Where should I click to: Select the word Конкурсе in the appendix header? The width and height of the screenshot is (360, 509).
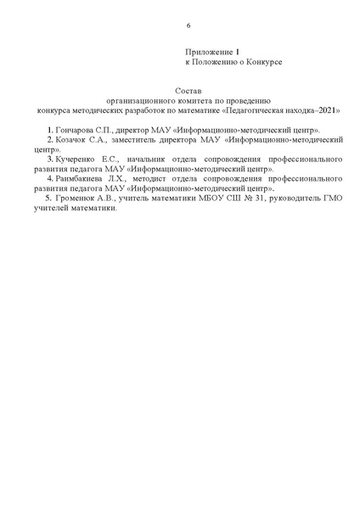coord(263,64)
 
